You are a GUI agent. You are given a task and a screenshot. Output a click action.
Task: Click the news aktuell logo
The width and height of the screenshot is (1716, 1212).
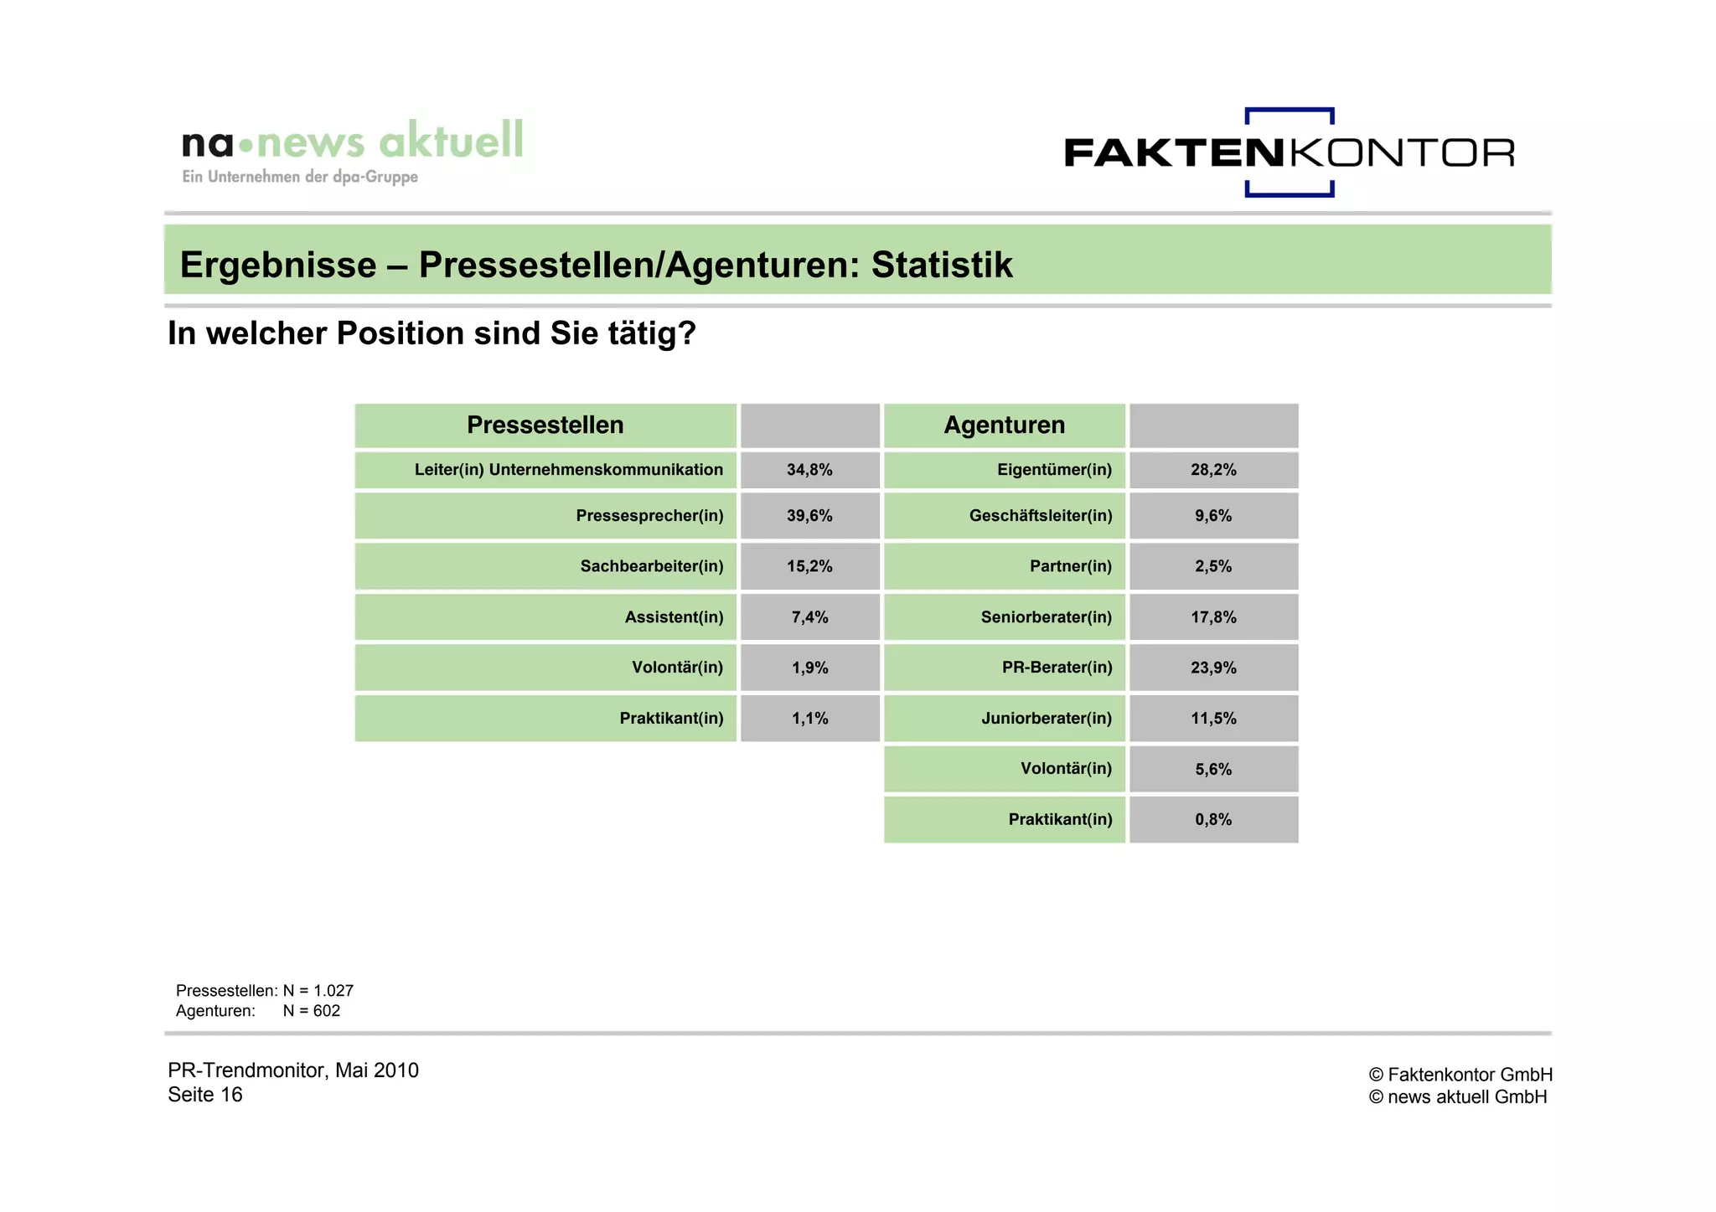point(352,151)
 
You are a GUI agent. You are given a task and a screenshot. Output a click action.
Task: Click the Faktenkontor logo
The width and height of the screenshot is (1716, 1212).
point(1289,152)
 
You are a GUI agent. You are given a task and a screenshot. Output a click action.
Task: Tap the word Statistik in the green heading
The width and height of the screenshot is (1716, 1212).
point(942,265)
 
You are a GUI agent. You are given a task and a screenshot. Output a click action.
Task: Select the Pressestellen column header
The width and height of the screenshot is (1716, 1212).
point(545,425)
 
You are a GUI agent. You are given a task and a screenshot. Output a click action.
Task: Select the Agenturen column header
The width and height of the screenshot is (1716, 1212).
point(1004,425)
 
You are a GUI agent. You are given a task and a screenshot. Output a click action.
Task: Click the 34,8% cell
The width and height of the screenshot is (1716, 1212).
point(809,470)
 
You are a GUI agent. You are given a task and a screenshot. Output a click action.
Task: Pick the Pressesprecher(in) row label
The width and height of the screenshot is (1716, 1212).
point(649,516)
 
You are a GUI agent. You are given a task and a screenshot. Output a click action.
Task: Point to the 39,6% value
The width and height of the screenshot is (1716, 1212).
point(809,516)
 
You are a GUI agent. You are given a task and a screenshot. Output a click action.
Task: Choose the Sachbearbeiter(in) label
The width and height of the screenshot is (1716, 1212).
point(651,566)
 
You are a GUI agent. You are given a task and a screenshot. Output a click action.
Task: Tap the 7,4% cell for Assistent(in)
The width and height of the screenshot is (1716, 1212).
point(809,617)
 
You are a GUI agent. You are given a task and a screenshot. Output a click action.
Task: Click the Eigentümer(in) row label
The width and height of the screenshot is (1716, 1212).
point(1054,470)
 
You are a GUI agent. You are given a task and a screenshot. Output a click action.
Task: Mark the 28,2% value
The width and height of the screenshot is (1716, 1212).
point(1213,470)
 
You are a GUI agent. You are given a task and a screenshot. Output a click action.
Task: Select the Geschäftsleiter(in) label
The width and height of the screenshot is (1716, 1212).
point(1041,516)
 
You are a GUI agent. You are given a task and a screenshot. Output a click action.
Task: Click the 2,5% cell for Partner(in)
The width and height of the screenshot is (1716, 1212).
point(1213,566)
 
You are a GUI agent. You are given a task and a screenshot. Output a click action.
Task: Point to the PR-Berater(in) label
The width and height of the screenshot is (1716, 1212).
point(1057,668)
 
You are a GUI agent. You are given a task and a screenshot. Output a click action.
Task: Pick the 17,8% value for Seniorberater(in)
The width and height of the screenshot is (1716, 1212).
point(1213,617)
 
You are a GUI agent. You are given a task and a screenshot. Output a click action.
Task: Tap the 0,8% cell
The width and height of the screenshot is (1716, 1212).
point(1213,819)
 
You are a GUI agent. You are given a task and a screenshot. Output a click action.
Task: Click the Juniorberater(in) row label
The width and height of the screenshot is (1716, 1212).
point(1047,719)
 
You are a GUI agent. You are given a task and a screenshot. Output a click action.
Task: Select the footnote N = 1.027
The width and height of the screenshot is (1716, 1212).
point(318,991)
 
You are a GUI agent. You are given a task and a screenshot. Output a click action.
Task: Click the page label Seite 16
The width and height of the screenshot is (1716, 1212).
point(205,1095)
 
